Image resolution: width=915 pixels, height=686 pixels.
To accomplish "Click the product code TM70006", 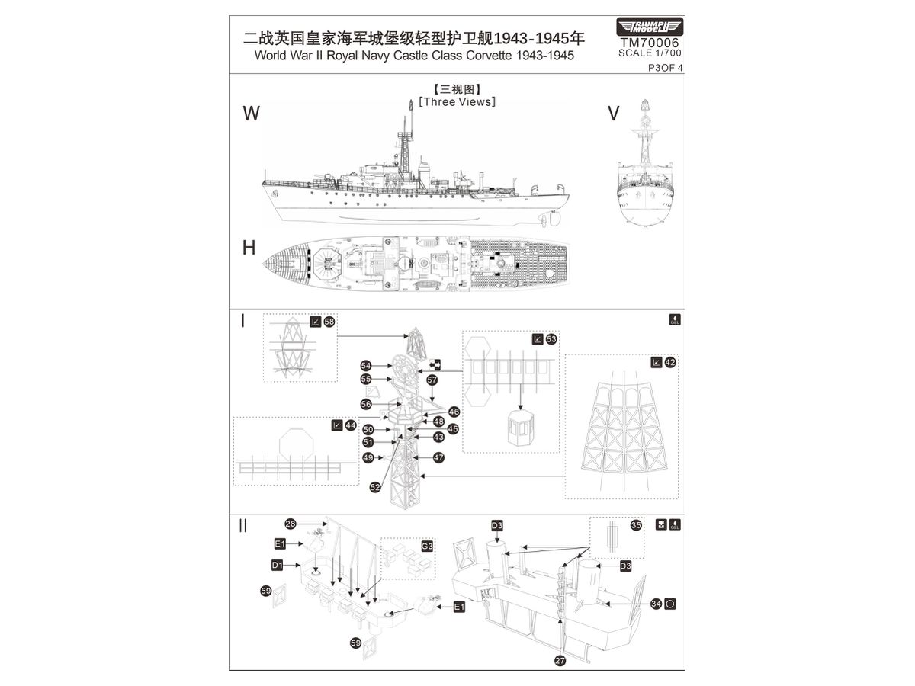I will [649, 43].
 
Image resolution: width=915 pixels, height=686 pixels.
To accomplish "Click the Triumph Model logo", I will [649, 27].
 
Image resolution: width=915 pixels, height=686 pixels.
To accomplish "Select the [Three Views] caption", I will [457, 101].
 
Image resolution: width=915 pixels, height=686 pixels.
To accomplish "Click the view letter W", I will [251, 114].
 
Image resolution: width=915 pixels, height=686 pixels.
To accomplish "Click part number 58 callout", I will [329, 322].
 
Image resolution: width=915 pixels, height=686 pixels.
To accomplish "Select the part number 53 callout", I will [551, 338].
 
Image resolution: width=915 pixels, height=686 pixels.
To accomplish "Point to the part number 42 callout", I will [669, 363].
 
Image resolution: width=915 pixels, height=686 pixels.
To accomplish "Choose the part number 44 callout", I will [350, 425].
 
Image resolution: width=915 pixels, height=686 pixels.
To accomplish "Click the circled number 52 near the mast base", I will [375, 487].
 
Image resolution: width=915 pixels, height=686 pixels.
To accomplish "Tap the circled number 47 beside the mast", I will [438, 457].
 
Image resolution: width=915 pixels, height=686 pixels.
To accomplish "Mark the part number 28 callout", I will [291, 524].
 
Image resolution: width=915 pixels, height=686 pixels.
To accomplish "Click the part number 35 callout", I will [636, 525].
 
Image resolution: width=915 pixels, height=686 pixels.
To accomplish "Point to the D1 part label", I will [278, 565].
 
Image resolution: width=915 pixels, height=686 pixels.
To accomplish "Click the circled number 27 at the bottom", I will [560, 661].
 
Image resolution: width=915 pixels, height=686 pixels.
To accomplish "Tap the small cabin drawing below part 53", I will [521, 430].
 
